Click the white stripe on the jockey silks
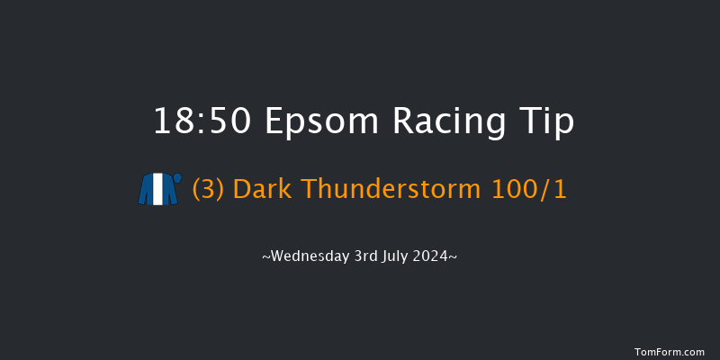(x=157, y=190)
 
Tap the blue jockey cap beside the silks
(x=177, y=178)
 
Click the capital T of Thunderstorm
(x=307, y=190)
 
